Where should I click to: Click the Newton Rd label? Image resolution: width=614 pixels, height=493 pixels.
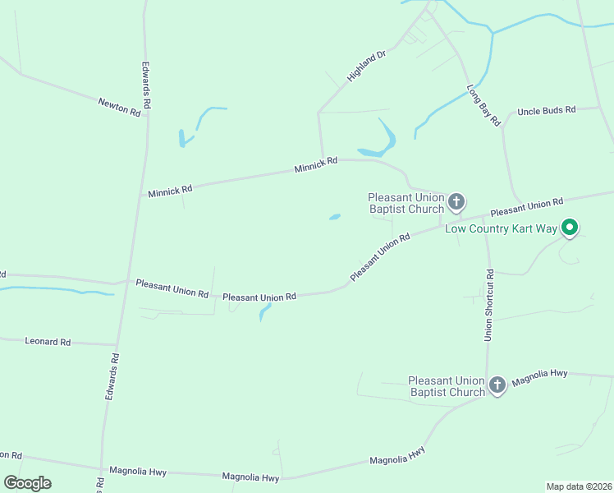coord(119,107)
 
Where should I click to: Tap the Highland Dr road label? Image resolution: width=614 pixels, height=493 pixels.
coord(366,66)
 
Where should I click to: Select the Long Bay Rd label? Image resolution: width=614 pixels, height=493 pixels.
coord(483,104)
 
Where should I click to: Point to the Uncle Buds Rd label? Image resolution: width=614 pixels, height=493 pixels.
coord(546,109)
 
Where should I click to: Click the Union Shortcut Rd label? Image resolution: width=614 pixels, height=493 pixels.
coord(488,305)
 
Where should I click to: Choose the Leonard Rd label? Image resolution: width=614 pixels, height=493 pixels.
coord(48,341)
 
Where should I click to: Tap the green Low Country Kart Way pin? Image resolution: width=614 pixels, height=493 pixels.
coord(570,227)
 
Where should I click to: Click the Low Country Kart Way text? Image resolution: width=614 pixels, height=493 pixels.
coord(501,228)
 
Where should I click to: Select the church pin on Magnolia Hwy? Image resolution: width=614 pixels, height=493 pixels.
coord(497,385)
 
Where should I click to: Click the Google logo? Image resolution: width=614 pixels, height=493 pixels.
coord(27,483)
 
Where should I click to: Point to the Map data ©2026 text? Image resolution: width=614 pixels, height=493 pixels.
coord(578,486)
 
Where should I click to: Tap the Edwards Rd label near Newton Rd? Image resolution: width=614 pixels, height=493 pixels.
coord(146,85)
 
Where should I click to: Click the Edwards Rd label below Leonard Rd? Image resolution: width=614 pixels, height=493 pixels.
coord(112,377)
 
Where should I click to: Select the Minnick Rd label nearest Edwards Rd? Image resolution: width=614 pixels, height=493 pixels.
coord(170,191)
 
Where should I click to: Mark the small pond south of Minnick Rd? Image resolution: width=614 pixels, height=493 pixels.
coord(335,218)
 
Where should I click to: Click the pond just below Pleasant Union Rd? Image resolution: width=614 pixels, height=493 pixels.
coord(264,311)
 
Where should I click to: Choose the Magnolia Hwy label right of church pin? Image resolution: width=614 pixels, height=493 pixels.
coord(539,376)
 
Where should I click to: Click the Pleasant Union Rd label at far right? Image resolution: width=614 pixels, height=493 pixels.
coord(527,205)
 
